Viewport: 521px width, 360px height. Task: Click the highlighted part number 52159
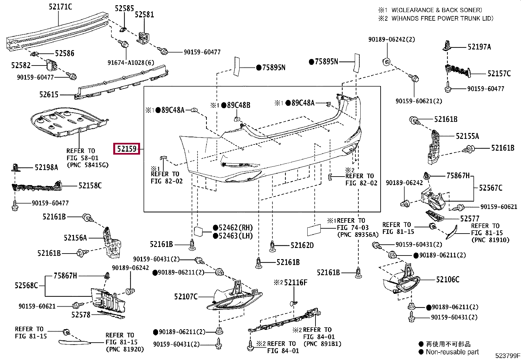pyautogui.click(x=127, y=149)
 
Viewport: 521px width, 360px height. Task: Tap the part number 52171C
pyautogui.click(x=60, y=7)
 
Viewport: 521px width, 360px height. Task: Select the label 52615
pyautogui.click(x=49, y=95)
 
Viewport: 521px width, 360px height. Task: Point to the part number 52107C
pyautogui.click(x=186, y=296)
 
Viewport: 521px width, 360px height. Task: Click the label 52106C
pyautogui.click(x=448, y=279)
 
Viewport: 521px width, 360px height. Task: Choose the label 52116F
pyautogui.click(x=296, y=282)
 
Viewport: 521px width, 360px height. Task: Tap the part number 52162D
pyautogui.click(x=302, y=245)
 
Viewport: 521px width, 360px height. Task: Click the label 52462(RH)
pyautogui.click(x=236, y=228)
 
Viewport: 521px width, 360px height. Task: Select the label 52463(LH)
pyautogui.click(x=236, y=236)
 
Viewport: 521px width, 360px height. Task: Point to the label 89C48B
pyautogui.click(x=239, y=105)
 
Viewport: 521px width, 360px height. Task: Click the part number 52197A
pyautogui.click(x=479, y=47)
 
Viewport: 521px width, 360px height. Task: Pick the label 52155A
pyautogui.click(x=468, y=136)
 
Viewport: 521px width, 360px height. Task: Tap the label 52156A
pyautogui.click(x=75, y=238)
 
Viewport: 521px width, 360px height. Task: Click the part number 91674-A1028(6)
pyautogui.click(x=131, y=63)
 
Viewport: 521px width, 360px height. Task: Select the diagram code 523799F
pyautogui.click(x=508, y=356)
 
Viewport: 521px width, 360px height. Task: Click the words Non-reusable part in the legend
pyautogui.click(x=452, y=352)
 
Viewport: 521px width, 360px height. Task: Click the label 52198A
pyautogui.click(x=46, y=167)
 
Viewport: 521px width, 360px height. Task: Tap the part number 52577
pyautogui.click(x=470, y=218)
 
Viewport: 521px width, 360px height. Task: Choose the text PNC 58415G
pyautogui.click(x=88, y=165)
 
